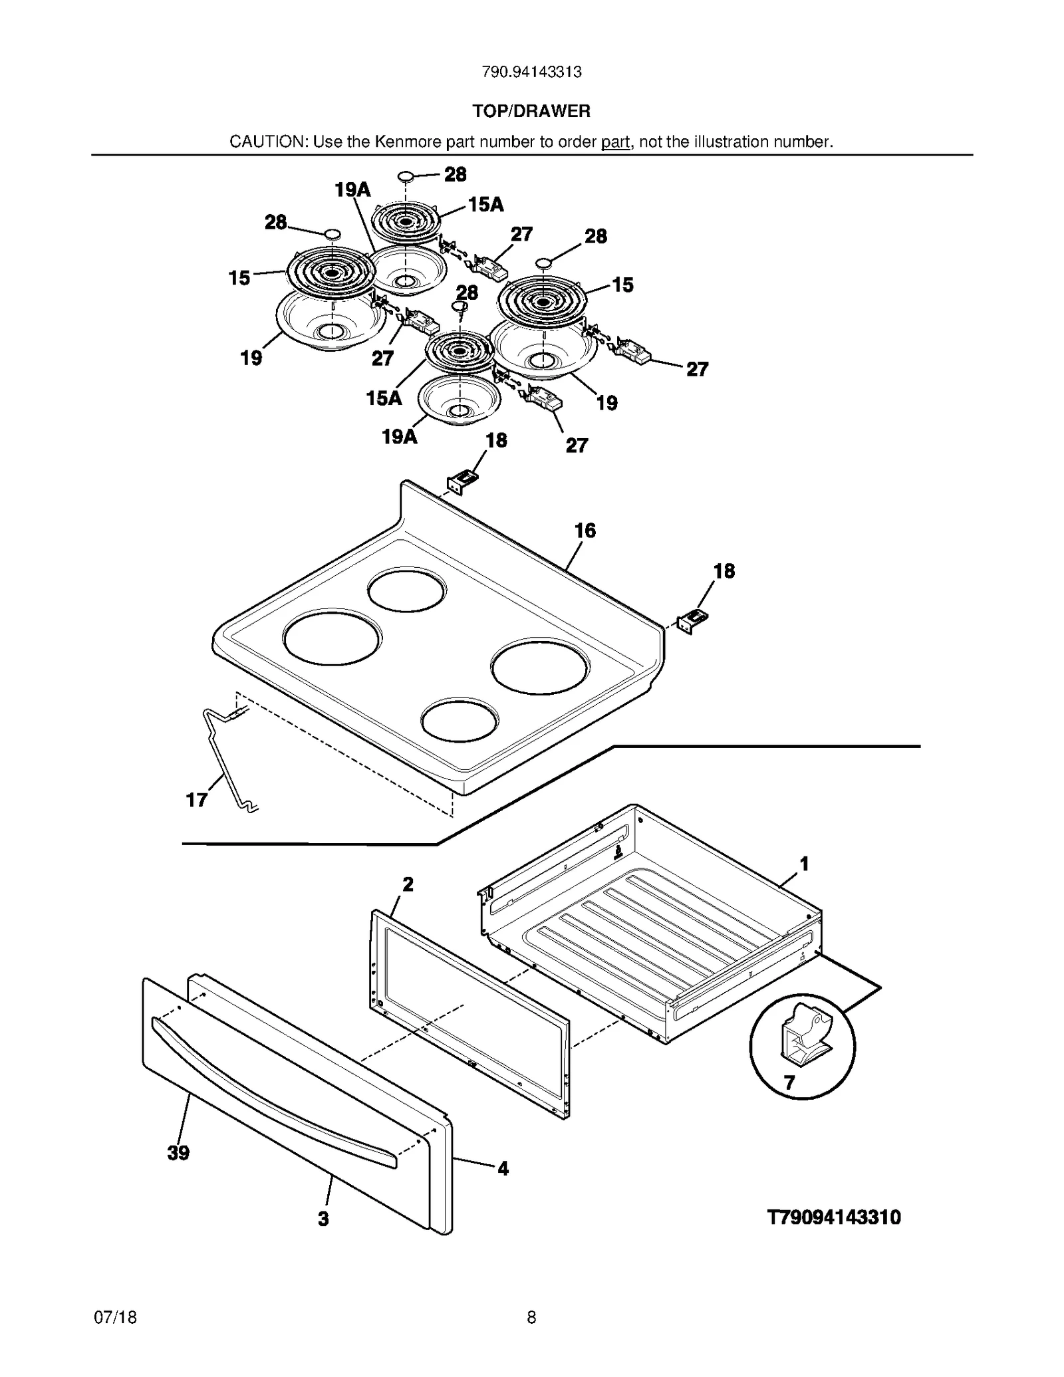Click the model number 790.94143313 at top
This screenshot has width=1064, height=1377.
531,72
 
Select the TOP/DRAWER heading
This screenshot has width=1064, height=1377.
531,111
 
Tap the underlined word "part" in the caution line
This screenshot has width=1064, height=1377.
615,142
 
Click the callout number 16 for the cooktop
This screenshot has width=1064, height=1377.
585,531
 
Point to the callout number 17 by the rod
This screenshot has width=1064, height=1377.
197,800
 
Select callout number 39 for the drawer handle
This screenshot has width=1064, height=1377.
178,1153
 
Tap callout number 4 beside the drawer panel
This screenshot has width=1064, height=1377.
503,1168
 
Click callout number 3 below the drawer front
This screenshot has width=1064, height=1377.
323,1219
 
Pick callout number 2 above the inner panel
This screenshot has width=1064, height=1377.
408,884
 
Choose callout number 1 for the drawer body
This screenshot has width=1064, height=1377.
804,864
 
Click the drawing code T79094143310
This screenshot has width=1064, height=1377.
834,1217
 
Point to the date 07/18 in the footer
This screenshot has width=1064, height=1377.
116,1317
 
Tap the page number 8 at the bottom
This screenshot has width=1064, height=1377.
531,1317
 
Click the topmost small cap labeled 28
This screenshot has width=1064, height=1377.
406,176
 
